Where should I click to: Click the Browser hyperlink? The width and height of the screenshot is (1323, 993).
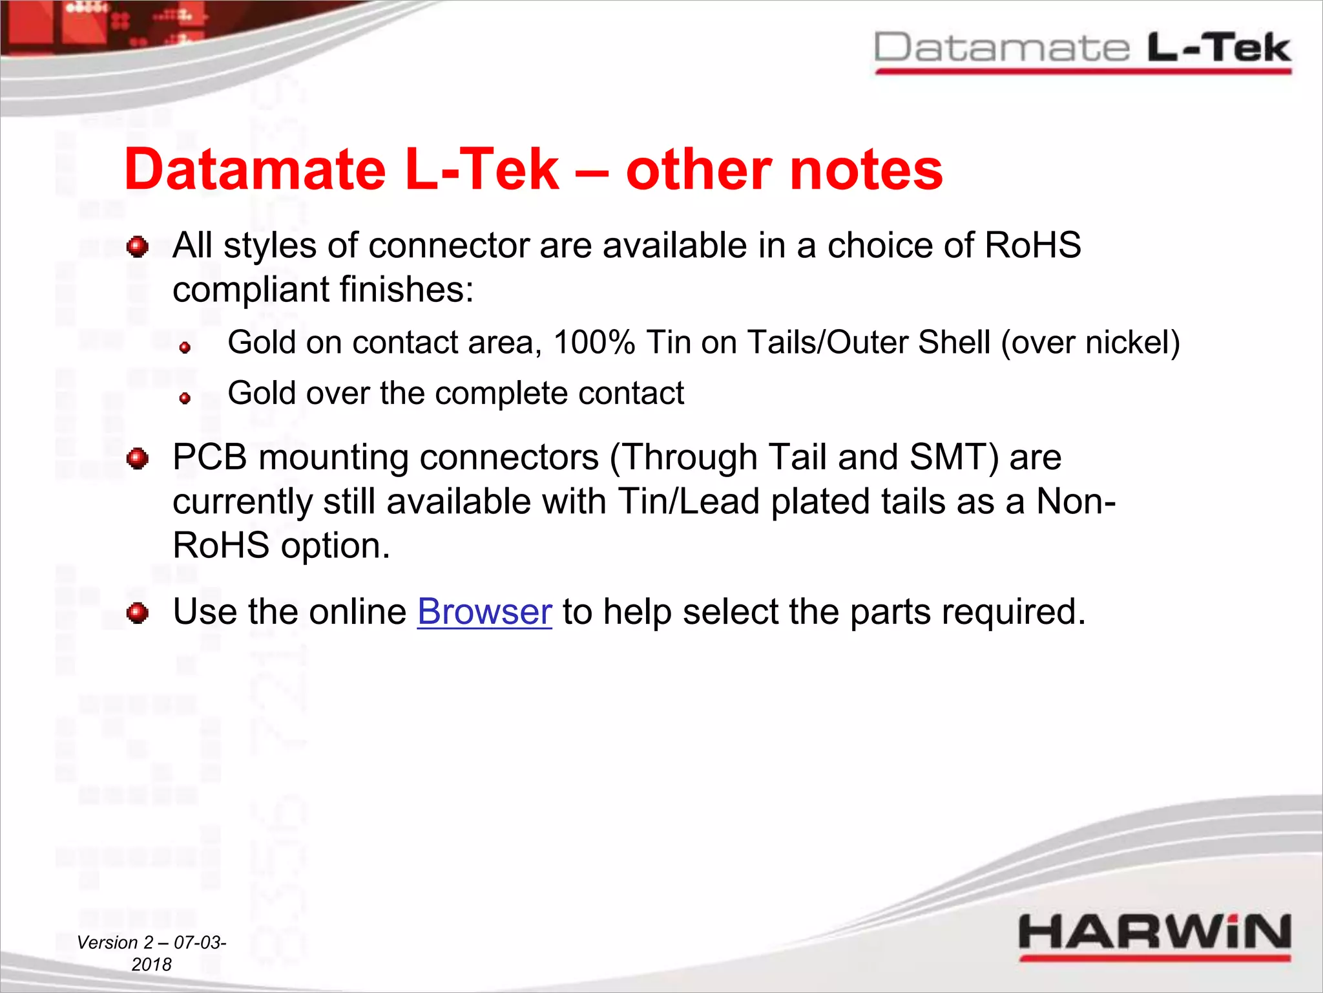coord(484,612)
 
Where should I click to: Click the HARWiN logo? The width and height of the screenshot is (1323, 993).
coord(1154,934)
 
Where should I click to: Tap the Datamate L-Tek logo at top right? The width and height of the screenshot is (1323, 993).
coord(1082,50)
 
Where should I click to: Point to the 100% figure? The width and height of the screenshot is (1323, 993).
coord(594,343)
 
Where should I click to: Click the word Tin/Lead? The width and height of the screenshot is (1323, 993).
coord(689,502)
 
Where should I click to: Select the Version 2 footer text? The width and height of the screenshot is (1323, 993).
coord(152,953)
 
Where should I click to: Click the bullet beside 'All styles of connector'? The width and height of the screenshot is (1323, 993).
coord(138,246)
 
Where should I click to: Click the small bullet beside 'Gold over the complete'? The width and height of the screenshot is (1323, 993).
coord(185,398)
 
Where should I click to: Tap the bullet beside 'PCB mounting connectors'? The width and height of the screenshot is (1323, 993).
coord(138,458)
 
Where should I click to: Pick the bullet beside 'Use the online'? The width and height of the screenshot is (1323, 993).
coord(138,612)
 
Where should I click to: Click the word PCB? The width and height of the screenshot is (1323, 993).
coord(210,458)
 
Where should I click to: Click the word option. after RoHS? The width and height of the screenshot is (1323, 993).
coord(335,546)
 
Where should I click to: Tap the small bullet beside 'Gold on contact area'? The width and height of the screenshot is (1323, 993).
coord(185,347)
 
